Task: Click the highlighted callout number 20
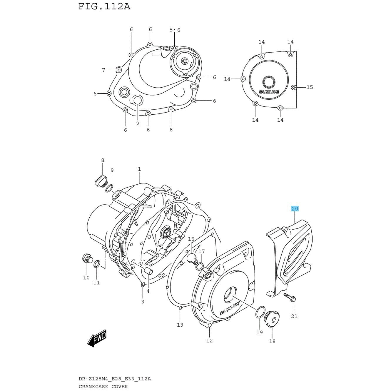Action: coord(295,209)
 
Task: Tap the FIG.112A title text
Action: coord(104,6)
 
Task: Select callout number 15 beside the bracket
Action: coord(310,87)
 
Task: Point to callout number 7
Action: coord(103,70)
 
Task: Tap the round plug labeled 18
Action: coord(272,324)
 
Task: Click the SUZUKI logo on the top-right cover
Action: coord(269,92)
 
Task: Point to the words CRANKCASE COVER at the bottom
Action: coord(103,387)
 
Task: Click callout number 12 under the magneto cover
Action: coord(209,340)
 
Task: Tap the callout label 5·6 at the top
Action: coord(175,30)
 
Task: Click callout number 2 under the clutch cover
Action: coord(138,123)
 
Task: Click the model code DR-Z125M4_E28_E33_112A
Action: coord(115,379)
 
